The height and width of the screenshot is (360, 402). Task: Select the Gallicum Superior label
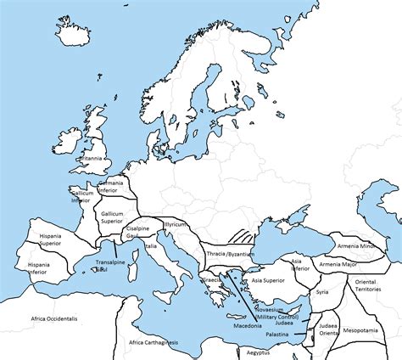click(112, 217)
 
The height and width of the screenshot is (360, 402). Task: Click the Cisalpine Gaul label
click(138, 232)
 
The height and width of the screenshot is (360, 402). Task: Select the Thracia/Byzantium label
click(231, 254)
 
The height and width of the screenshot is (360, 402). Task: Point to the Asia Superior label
click(267, 278)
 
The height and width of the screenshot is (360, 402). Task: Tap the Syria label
click(321, 291)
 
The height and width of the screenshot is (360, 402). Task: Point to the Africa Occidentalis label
click(54, 318)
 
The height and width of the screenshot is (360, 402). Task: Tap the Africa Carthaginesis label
click(159, 342)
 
